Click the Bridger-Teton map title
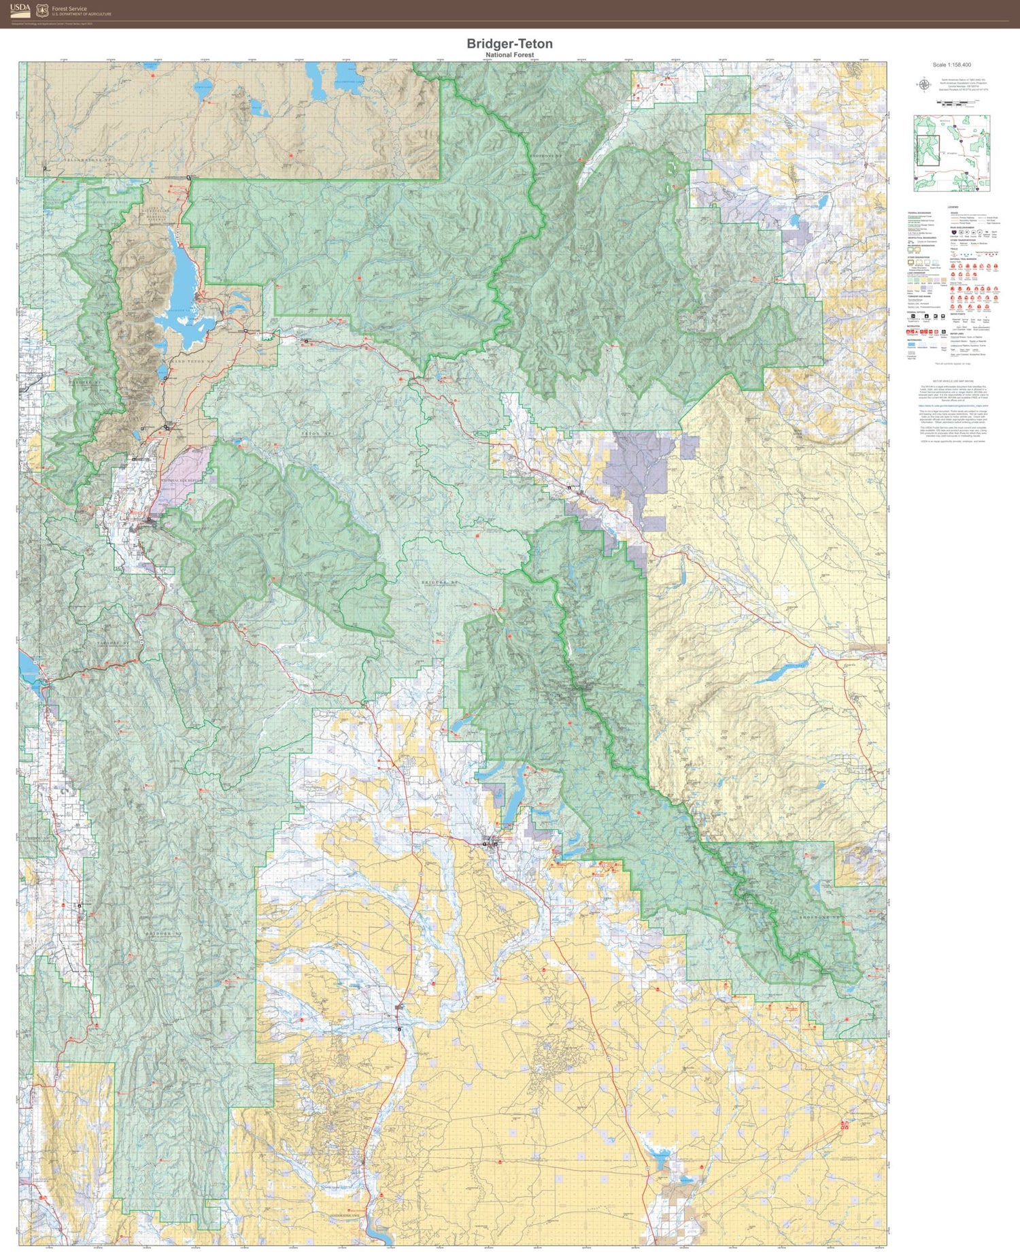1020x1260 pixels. pyautogui.click(x=509, y=44)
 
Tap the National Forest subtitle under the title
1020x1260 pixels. pyautogui.click(x=509, y=55)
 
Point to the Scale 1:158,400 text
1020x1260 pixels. pyautogui.click(x=951, y=65)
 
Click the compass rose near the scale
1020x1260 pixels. pyautogui.click(x=924, y=84)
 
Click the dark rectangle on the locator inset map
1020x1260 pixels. pyautogui.click(x=928, y=146)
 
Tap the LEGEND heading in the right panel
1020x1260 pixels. pyautogui.click(x=952, y=208)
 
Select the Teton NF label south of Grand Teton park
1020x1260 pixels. pyautogui.click(x=318, y=433)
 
